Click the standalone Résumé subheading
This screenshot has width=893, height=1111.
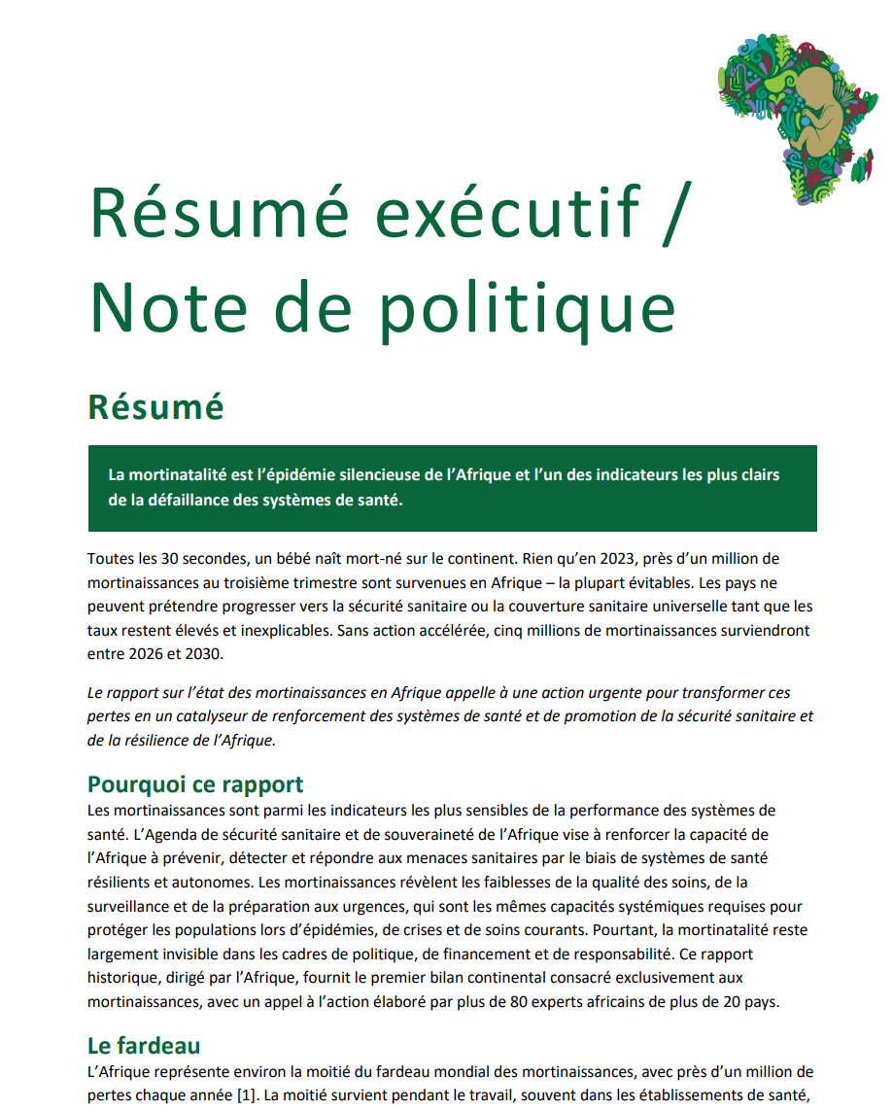point(155,407)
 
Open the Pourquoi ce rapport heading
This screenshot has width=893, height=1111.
point(195,784)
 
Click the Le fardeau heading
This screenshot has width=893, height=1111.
point(144,1046)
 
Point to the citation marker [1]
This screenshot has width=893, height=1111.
point(235,1096)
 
